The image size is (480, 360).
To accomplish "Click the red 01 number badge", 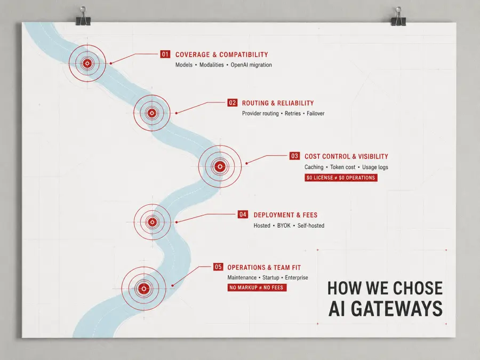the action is pos(165,54).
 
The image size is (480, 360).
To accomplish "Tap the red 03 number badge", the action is pos(294,156).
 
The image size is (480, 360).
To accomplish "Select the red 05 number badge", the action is pos(218,267).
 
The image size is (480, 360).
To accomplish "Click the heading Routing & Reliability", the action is pos(278,103).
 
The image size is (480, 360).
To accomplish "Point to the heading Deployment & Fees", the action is pos(285,215).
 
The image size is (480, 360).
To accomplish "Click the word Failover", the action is pos(315,113).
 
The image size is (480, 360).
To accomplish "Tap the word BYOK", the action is pos(284,226).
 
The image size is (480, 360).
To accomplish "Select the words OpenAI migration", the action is pos(251,65).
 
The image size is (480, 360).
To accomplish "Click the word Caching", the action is pos(314,167).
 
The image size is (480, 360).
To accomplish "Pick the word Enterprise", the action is pos(297,278).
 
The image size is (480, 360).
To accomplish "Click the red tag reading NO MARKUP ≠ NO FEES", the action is pos(257,287).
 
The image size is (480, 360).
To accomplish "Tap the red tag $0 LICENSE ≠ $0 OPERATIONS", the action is pos(341,178).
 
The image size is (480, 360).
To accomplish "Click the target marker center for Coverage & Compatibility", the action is pos(87,63).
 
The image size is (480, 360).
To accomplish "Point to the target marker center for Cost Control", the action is pos(220,166).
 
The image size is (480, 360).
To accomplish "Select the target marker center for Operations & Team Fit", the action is pos(143,289).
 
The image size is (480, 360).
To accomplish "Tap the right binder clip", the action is pos(398,17).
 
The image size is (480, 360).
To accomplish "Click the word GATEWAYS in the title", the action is pos(397,309).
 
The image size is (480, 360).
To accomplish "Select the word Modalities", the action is pos(212,65).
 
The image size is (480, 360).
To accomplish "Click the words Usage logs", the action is pos(375,167).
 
